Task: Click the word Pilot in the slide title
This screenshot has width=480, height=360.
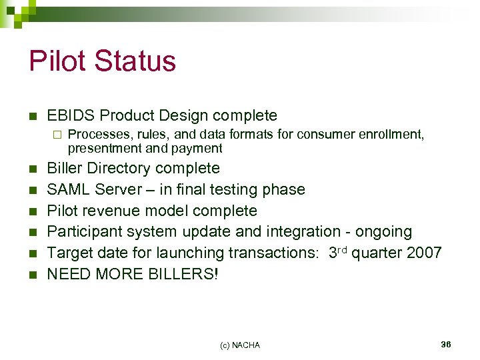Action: click(57, 61)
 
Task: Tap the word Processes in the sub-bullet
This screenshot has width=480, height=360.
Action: click(96, 135)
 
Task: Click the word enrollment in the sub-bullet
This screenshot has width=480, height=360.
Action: click(390, 135)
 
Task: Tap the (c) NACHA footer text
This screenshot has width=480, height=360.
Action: click(239, 345)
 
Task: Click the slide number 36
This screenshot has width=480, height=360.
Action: click(446, 344)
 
